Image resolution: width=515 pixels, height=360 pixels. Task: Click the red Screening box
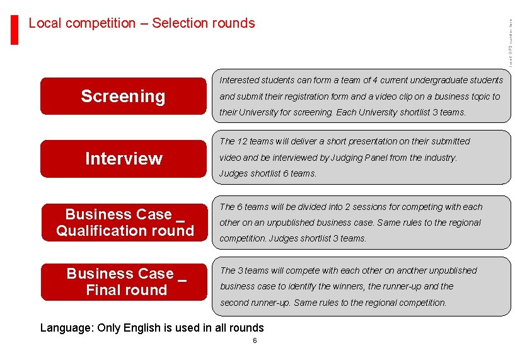click(124, 96)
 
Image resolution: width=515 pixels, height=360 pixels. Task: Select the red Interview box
click(124, 159)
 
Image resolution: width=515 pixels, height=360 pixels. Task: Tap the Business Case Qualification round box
click(124, 223)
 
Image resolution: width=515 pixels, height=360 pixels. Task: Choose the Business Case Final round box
click(124, 282)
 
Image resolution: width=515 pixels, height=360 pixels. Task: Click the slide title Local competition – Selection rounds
click(142, 23)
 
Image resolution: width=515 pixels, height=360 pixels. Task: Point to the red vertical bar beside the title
click(15, 29)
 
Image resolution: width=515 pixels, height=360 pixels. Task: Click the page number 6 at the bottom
click(255, 340)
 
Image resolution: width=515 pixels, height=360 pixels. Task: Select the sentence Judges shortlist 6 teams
click(267, 173)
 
